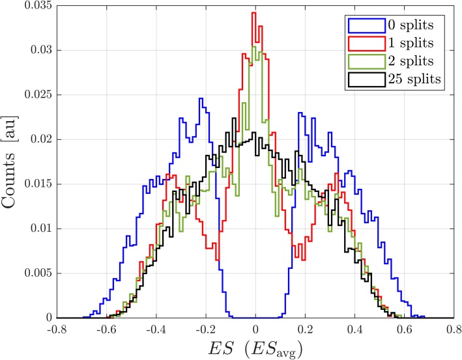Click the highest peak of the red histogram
pyautogui.click(x=254, y=12)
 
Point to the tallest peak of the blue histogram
pyautogui.click(x=201, y=99)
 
